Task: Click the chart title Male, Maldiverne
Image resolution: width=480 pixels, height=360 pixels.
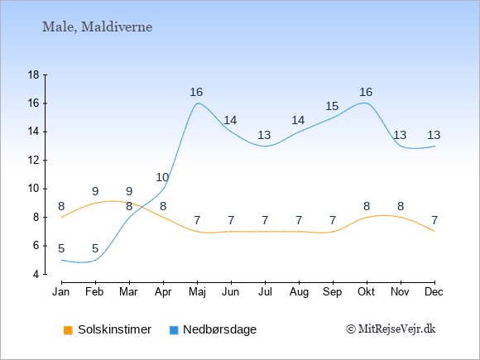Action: pos(97,27)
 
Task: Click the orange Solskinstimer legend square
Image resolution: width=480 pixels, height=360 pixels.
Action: pos(68,330)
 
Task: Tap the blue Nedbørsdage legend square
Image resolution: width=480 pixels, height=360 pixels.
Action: pos(174,330)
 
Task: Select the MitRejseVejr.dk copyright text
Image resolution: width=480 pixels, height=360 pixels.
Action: pos(391,329)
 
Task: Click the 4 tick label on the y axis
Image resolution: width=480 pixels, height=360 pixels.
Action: pos(36,274)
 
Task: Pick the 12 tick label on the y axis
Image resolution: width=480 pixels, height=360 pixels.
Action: pos(34,160)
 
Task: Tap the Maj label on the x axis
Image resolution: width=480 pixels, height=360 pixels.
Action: pos(197,292)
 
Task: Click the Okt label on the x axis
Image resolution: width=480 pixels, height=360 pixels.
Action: pos(366,292)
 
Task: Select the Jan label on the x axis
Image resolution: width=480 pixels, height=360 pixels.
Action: pos(61,292)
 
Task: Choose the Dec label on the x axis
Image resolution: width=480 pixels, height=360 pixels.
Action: pos(434,292)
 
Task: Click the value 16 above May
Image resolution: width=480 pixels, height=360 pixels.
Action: pos(196,92)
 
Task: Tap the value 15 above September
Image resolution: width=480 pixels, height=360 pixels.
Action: pos(332,106)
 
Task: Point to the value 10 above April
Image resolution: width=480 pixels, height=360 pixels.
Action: pos(162,177)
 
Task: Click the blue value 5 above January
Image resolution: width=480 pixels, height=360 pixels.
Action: pos(61,248)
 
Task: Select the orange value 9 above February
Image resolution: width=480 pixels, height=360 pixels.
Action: pos(95,192)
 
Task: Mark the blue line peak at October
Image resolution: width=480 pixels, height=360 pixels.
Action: pos(365,103)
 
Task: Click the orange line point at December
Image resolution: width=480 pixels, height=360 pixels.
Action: pos(434,232)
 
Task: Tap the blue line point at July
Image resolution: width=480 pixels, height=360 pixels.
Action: pos(265,146)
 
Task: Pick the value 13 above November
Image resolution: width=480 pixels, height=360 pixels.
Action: pos(400,135)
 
